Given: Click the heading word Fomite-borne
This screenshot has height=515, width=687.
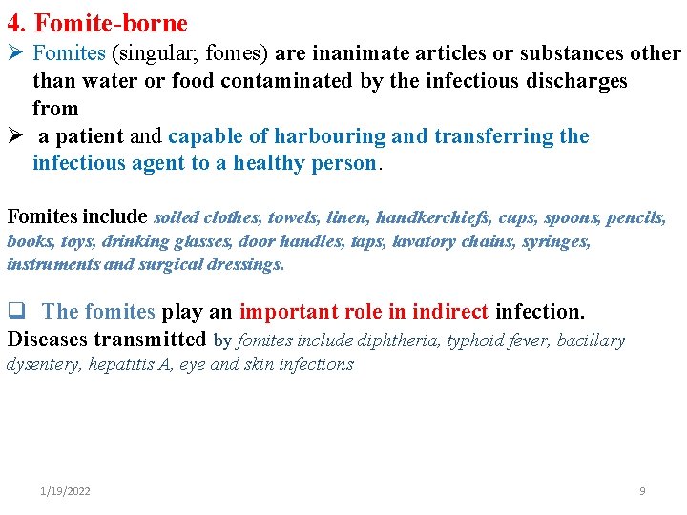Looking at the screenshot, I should click(112, 23).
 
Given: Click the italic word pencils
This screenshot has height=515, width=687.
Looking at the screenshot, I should click(634, 218).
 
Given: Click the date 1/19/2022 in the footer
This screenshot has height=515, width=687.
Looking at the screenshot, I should click(66, 491).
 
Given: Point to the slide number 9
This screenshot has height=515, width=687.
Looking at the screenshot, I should click(642, 491).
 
